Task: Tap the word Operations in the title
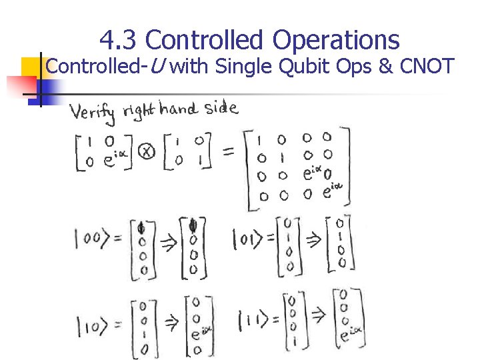tap(335, 41)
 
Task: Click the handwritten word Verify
tap(93, 113)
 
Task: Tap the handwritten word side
tap(221, 109)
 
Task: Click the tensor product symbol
tap(147, 153)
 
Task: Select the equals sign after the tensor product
tap(228, 153)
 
